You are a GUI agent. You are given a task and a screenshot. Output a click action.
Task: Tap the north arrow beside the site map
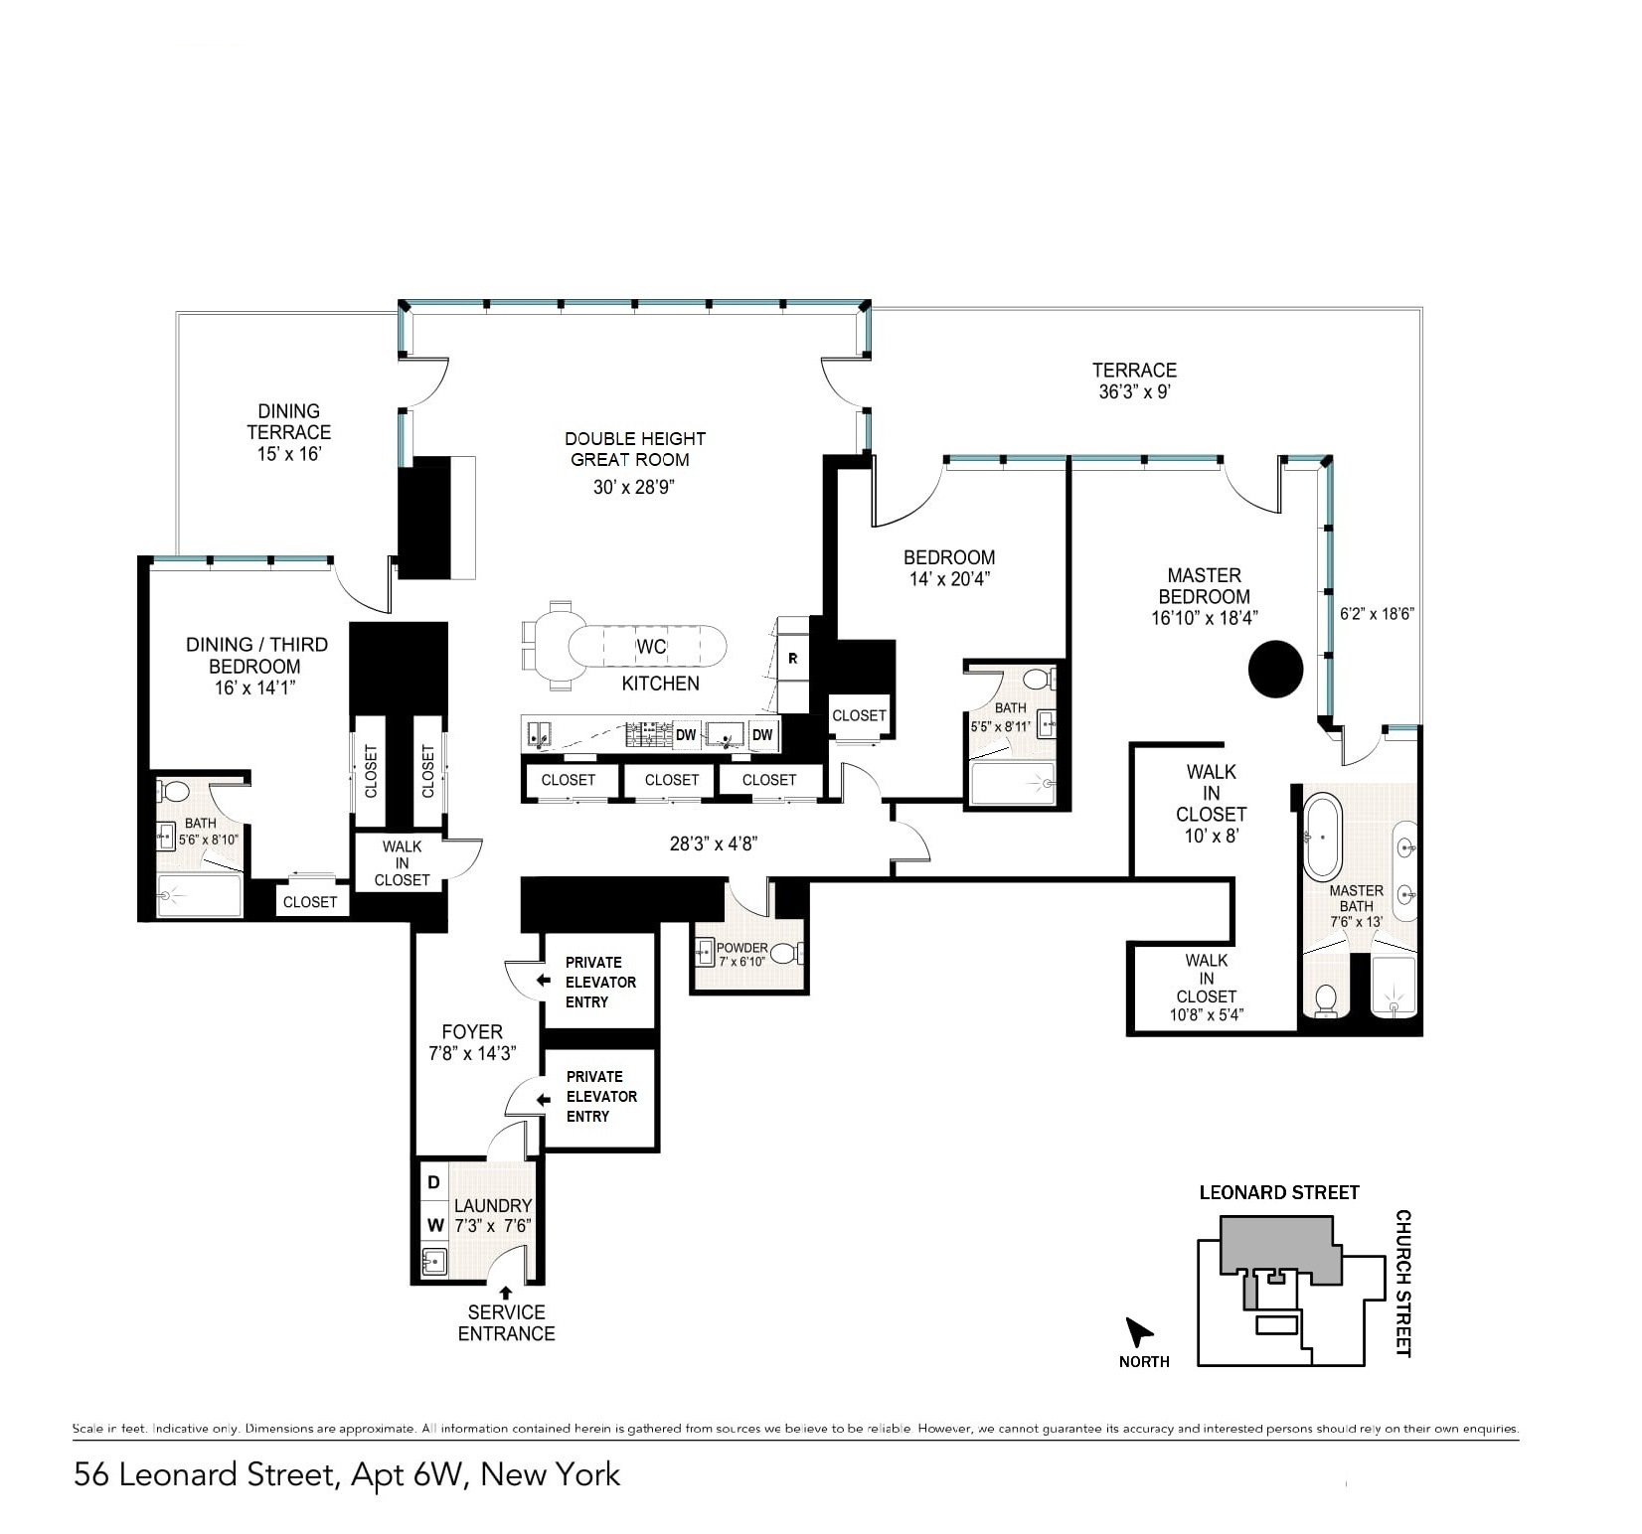1138,1330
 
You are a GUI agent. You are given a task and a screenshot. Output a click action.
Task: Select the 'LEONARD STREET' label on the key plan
1279,1192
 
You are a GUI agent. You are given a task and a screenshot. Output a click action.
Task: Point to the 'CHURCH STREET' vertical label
1403,1283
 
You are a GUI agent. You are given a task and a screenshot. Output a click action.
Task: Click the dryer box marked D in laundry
433,1183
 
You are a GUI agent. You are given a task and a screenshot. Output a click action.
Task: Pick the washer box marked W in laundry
434,1226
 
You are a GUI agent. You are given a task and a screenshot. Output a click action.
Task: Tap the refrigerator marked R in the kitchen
793,658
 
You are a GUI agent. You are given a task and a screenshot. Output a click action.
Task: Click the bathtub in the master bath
1323,837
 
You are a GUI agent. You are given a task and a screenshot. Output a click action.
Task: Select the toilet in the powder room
785,954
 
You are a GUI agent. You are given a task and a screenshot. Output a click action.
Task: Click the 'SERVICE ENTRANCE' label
506,1322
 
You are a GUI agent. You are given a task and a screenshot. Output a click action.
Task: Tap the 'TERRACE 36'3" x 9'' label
1134,381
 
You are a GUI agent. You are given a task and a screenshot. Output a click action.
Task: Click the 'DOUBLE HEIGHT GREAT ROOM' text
634,449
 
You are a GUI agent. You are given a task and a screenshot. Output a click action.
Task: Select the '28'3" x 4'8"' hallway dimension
714,844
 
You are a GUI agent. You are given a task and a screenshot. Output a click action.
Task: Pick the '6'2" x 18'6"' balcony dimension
1377,614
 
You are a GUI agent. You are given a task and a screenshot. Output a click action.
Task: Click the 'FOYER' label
472,1032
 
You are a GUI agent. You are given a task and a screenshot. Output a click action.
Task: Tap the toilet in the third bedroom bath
175,792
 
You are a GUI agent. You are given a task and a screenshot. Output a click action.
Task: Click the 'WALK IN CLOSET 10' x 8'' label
1211,804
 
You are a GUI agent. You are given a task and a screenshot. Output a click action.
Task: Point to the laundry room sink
434,1262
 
